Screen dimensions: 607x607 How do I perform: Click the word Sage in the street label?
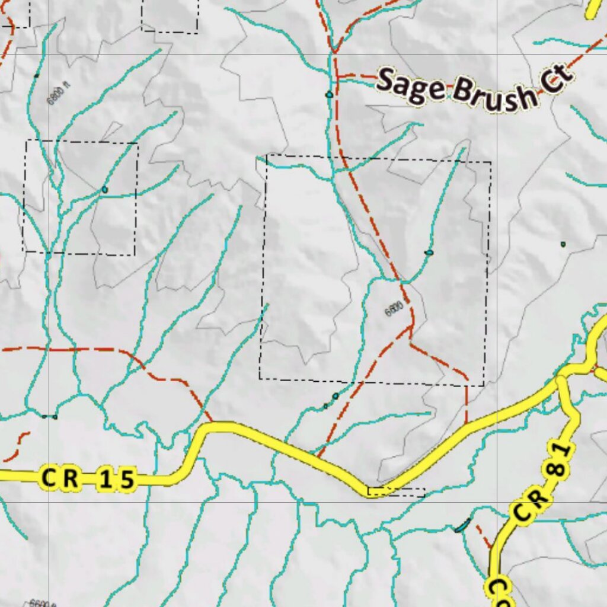[411, 85]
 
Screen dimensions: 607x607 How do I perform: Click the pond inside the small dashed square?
[105, 190]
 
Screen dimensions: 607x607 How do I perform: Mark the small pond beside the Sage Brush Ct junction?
[328, 94]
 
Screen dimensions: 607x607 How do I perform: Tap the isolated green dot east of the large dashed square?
[563, 244]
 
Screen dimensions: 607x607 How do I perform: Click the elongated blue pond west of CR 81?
[462, 525]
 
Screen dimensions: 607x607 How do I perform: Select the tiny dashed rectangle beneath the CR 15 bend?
[396, 492]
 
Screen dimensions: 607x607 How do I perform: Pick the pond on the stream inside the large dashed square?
[429, 253]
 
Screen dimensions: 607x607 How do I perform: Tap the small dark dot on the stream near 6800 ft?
[37, 75]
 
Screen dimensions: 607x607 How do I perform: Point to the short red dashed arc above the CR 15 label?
[18, 446]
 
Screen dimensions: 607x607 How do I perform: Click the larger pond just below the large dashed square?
[336, 396]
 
